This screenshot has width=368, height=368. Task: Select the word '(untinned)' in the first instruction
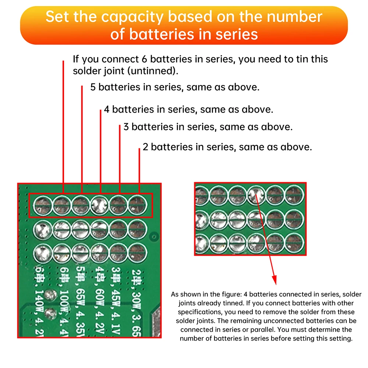coord(156,71)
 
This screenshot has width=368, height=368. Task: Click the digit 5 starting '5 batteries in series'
coord(93,87)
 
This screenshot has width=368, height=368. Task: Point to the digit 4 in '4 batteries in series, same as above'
coord(106,109)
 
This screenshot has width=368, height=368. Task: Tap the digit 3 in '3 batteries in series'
coord(126,127)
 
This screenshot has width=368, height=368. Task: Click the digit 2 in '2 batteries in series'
coord(145,147)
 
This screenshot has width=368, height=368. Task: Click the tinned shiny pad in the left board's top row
coord(100,204)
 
